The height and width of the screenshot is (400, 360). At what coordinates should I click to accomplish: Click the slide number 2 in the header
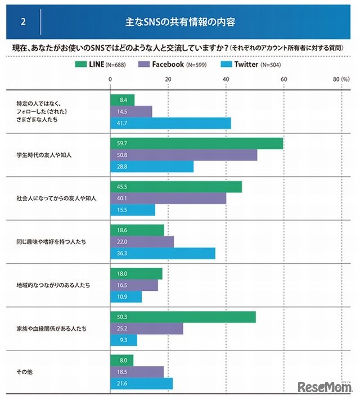(x=23, y=23)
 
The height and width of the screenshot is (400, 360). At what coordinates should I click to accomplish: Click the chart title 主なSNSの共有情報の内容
(x=180, y=23)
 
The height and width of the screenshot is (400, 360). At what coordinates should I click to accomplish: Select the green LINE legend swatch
(x=83, y=64)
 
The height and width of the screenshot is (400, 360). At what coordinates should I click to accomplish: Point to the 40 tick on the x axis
(x=226, y=79)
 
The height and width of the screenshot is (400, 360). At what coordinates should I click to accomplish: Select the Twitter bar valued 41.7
(x=170, y=123)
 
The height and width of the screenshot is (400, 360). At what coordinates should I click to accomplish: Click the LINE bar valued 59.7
(x=196, y=143)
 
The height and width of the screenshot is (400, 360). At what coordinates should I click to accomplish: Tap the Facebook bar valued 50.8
(x=183, y=155)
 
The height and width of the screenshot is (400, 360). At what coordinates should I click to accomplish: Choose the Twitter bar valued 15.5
(x=132, y=210)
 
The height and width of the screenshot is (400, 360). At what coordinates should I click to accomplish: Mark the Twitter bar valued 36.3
(x=163, y=254)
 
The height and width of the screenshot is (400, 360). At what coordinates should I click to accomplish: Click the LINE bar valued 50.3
(x=183, y=317)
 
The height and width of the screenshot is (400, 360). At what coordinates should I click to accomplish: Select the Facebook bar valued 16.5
(x=134, y=285)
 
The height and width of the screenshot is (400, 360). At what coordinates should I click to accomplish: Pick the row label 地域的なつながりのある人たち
(x=53, y=285)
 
